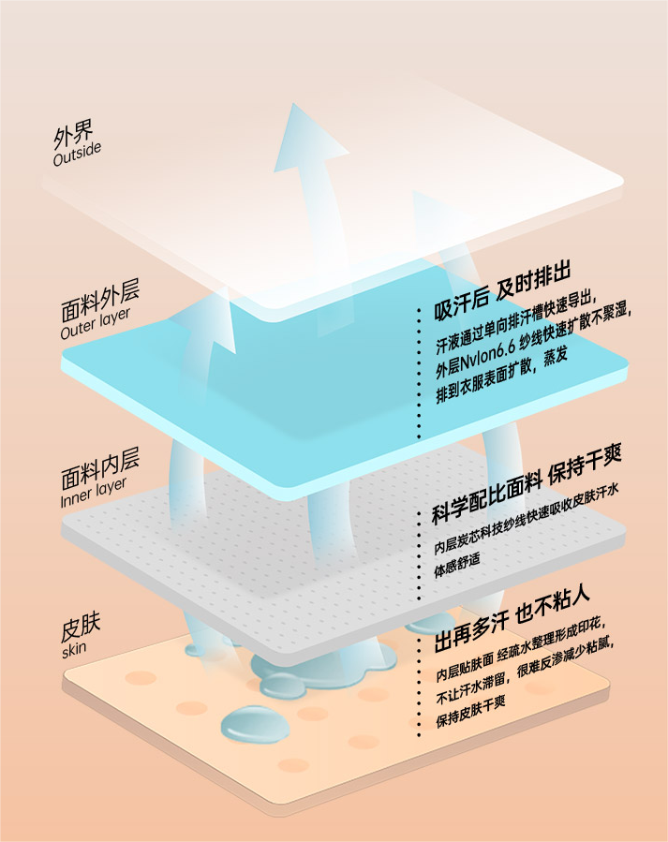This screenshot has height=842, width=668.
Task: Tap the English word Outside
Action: (77, 155)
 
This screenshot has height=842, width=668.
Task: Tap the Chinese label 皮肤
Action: (81, 626)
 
